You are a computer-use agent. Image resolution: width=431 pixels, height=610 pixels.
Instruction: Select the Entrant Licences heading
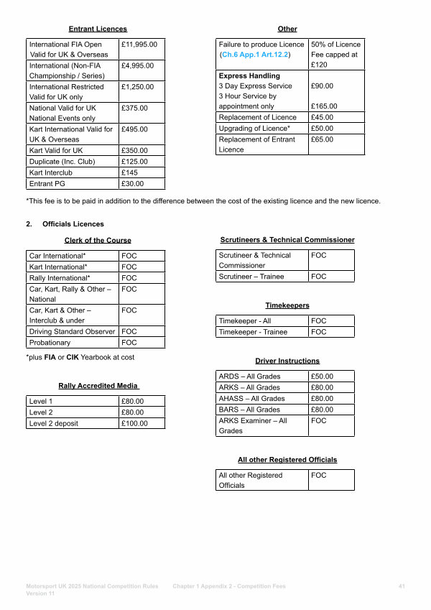(x=98, y=29)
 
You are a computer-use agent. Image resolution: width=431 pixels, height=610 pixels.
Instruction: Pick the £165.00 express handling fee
(x=324, y=106)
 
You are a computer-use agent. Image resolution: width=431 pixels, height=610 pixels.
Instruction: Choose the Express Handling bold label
(x=249, y=75)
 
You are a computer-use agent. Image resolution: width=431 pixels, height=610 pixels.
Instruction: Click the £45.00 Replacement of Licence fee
(x=322, y=118)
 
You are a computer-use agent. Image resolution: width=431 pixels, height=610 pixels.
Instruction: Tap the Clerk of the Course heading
(x=98, y=240)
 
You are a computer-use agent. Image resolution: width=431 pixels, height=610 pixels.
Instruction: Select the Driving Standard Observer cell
(x=72, y=332)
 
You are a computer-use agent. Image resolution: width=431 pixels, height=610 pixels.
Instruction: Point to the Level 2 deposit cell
(x=54, y=423)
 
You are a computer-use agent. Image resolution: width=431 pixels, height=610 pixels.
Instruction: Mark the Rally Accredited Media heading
(x=98, y=386)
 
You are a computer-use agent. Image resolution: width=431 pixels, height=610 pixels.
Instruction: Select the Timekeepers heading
(x=287, y=305)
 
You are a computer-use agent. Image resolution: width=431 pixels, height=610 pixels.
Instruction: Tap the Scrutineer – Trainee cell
(x=251, y=277)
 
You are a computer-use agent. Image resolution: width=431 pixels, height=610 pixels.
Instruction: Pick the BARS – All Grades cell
(x=249, y=410)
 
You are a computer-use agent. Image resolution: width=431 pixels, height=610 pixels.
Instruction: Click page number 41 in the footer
(x=402, y=586)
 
